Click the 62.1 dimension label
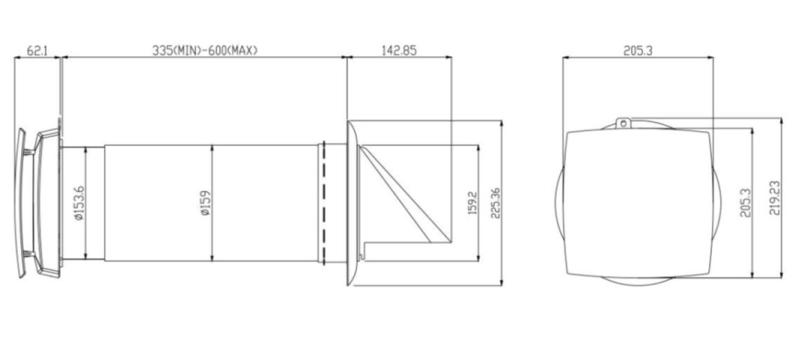click(x=36, y=50)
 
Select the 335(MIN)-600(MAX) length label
click(x=205, y=50)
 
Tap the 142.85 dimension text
click(x=399, y=50)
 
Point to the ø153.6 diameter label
click(x=78, y=203)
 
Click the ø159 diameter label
click(x=205, y=203)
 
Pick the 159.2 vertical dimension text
click(x=472, y=203)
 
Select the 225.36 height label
click(x=495, y=203)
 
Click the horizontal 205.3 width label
click(x=638, y=50)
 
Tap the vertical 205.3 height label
click(x=745, y=203)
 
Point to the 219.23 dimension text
click(x=775, y=197)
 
